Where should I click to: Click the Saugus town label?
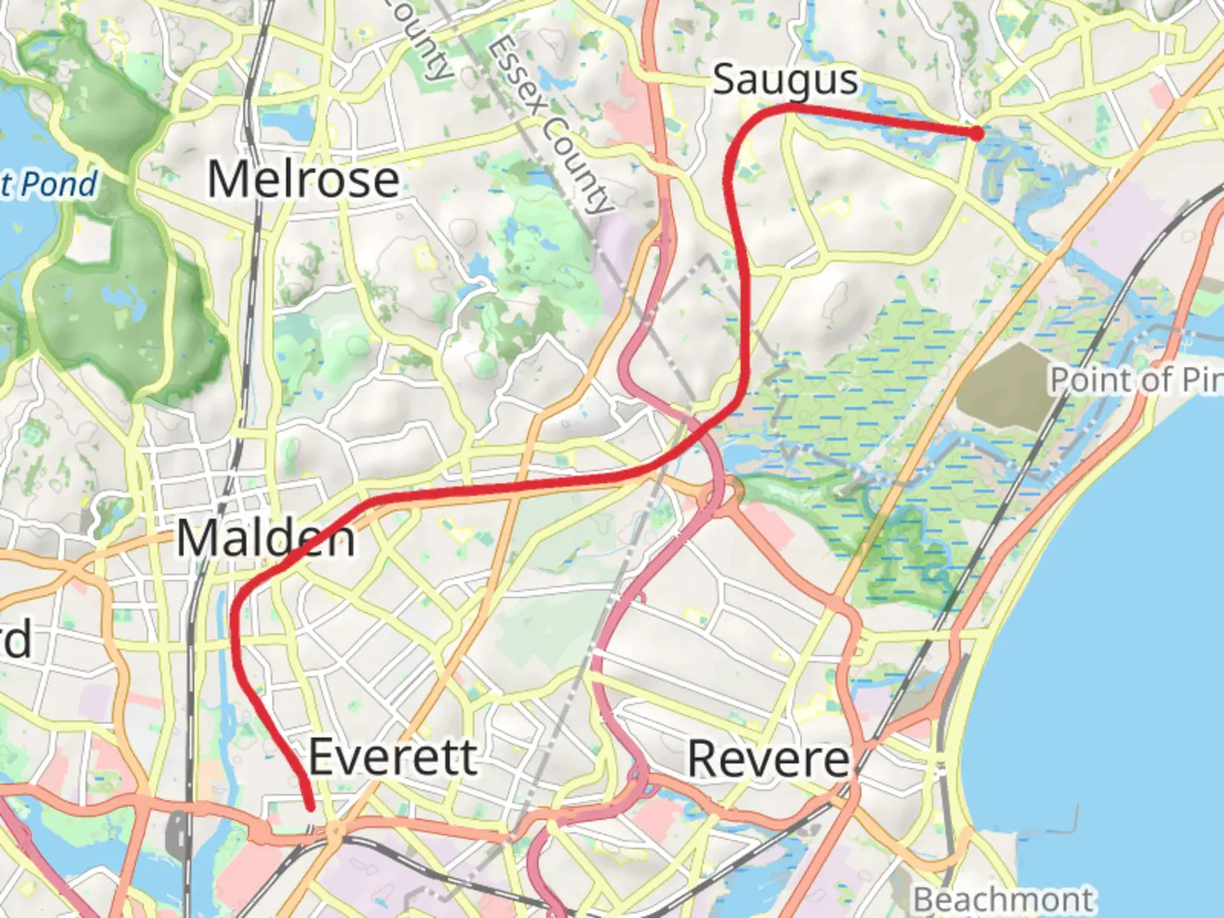coord(785,80)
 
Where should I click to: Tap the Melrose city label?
coord(303,180)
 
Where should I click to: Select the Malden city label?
coord(265,539)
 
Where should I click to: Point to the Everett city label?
coord(392,756)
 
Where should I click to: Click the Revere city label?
coord(768,758)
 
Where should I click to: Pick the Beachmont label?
coord(1003,899)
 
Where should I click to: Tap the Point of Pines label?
coord(1136,380)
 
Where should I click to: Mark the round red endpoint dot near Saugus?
coord(977,133)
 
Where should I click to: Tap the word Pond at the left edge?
coord(59,184)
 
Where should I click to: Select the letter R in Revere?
coord(705,758)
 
